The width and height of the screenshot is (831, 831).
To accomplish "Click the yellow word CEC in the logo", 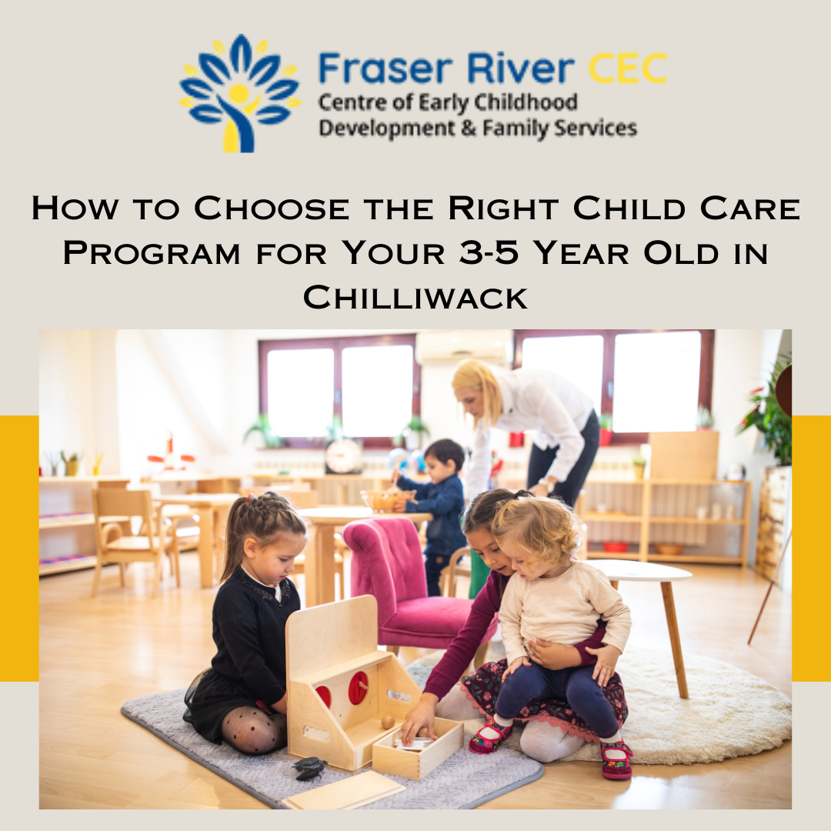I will click(628, 69).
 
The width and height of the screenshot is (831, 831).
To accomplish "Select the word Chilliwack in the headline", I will click(415, 296).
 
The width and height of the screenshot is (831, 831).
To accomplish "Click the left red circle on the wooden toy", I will click(324, 696).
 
